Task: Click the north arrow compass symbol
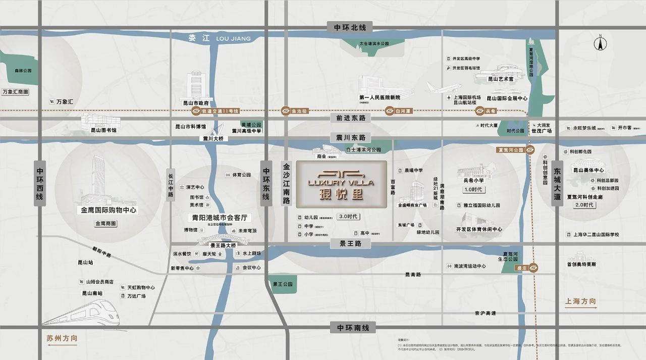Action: coord(600,42)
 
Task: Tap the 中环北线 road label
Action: coord(349,27)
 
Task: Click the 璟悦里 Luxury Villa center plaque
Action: coord(341,184)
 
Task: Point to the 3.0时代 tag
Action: coord(348,217)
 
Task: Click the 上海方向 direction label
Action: coord(580,302)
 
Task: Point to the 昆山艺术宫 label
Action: coord(500,79)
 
